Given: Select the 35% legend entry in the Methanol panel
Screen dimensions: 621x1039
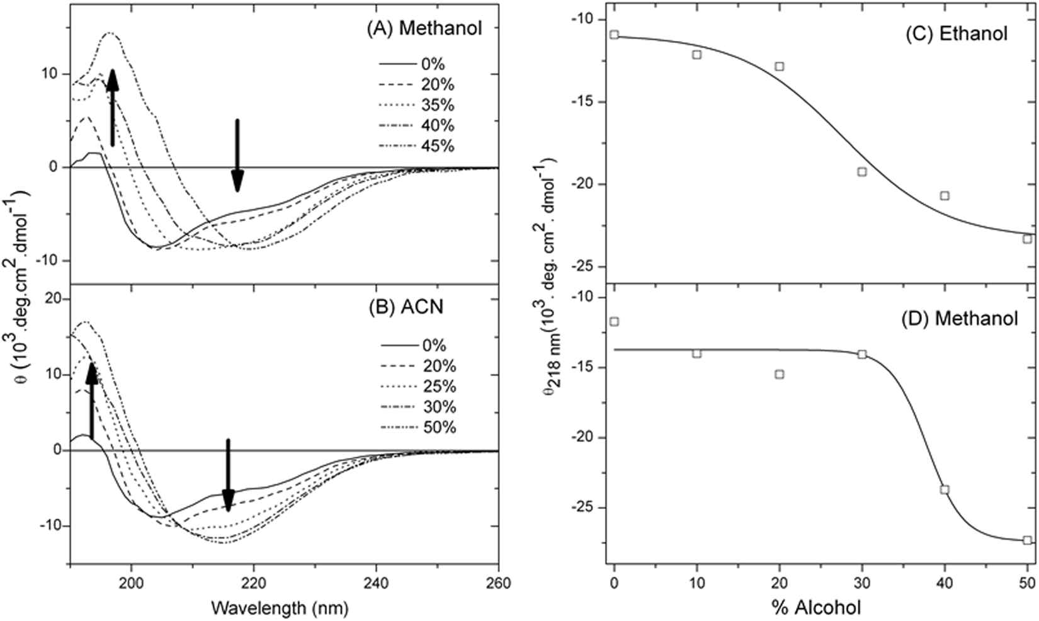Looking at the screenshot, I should [x=416, y=105].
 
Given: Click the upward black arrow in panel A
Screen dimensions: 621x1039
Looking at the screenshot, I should [x=112, y=107].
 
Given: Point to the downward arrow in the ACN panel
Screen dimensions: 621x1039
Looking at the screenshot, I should [x=228, y=476].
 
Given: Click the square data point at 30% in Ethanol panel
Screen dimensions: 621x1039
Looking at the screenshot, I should [x=862, y=171].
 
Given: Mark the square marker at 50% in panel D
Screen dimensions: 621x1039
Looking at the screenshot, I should [x=1027, y=540].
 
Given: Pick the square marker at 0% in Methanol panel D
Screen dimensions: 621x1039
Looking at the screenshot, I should [x=615, y=322].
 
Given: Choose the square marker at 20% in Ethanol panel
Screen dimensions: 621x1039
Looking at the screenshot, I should [x=780, y=66].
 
